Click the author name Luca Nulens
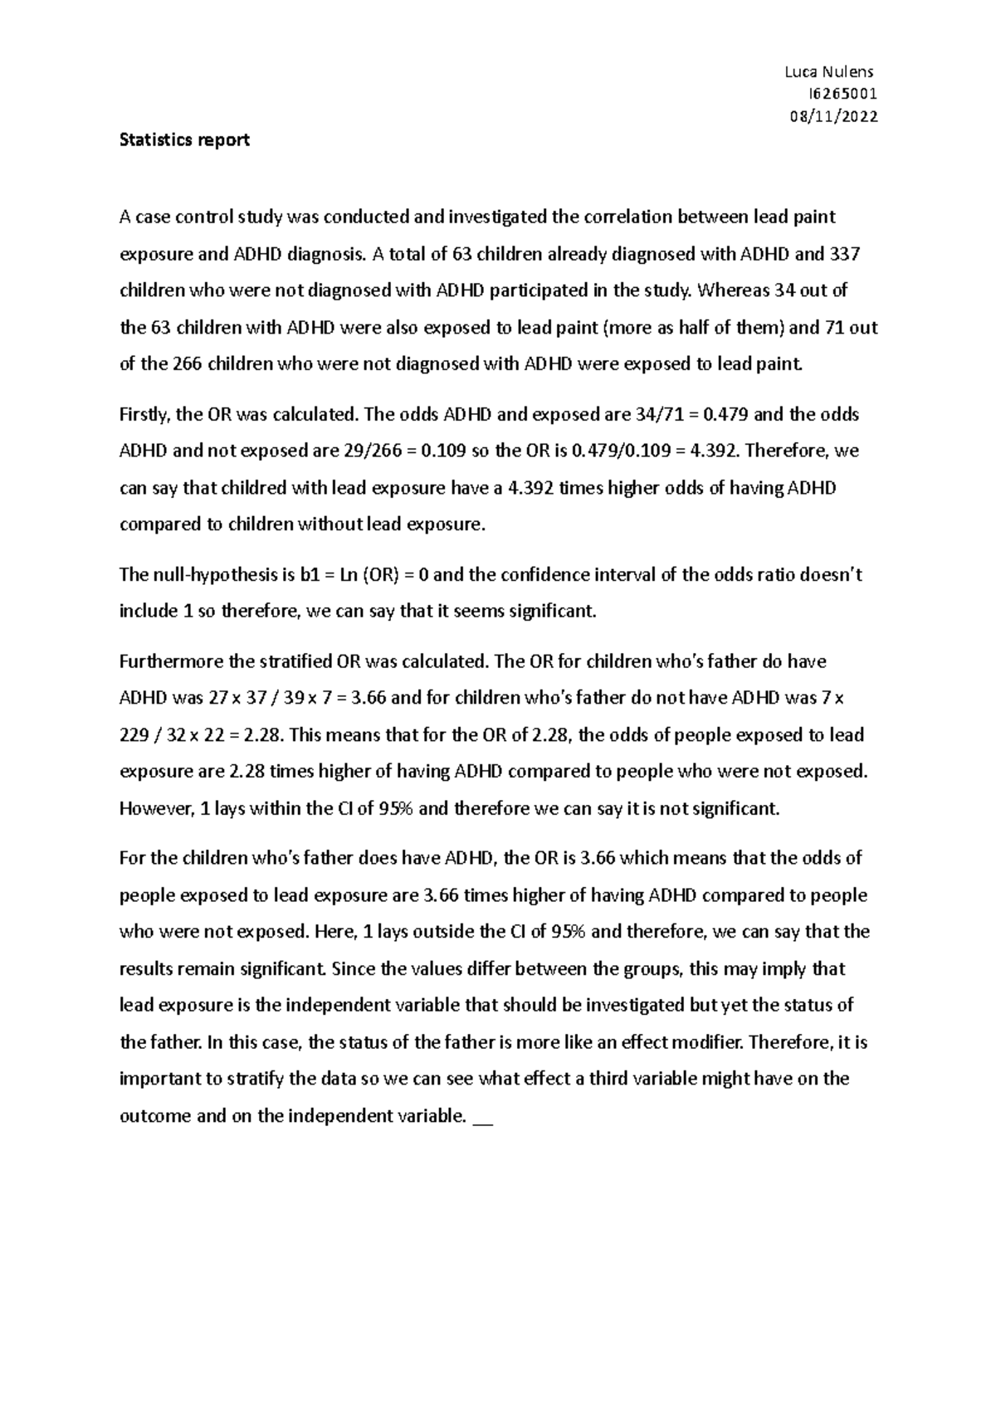click(x=828, y=72)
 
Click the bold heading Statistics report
click(x=184, y=140)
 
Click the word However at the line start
click(x=154, y=808)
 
